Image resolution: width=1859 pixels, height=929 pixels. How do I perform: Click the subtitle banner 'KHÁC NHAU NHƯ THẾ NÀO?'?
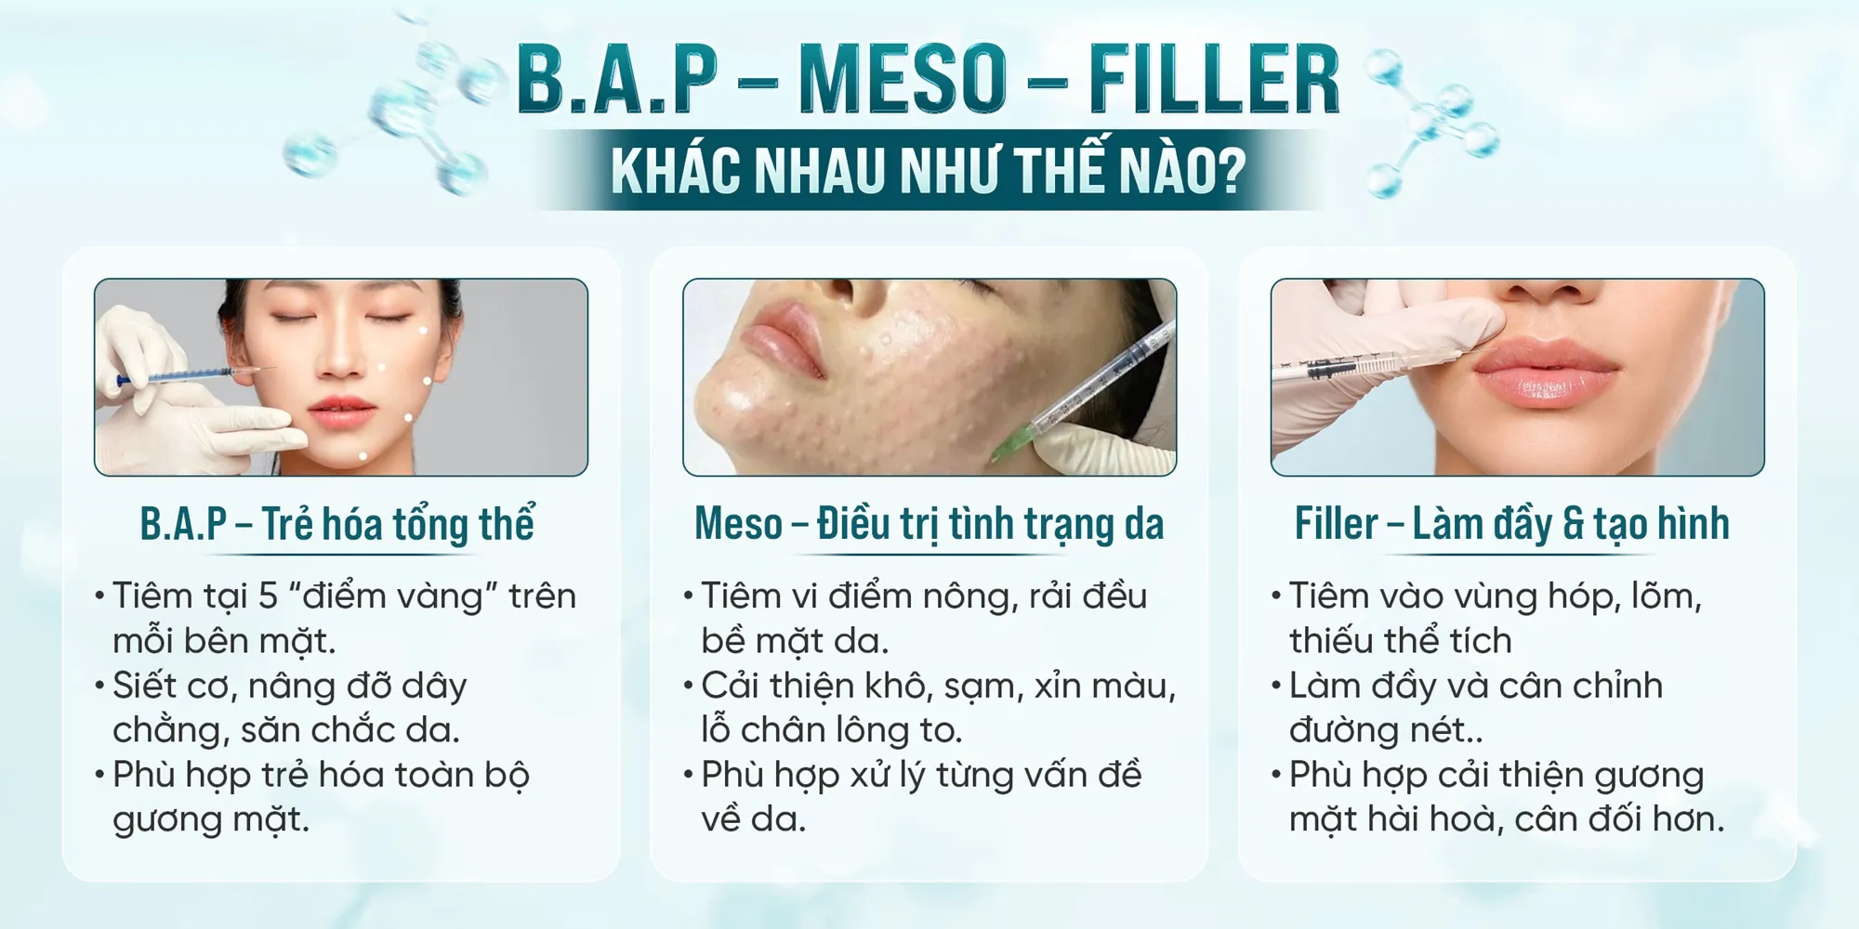(x=928, y=170)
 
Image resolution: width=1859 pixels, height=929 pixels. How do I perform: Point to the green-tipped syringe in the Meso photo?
(x=1083, y=390)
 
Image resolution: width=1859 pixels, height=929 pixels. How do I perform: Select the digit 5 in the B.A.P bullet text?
(x=268, y=596)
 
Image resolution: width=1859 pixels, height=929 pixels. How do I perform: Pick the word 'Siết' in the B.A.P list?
(x=144, y=686)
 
